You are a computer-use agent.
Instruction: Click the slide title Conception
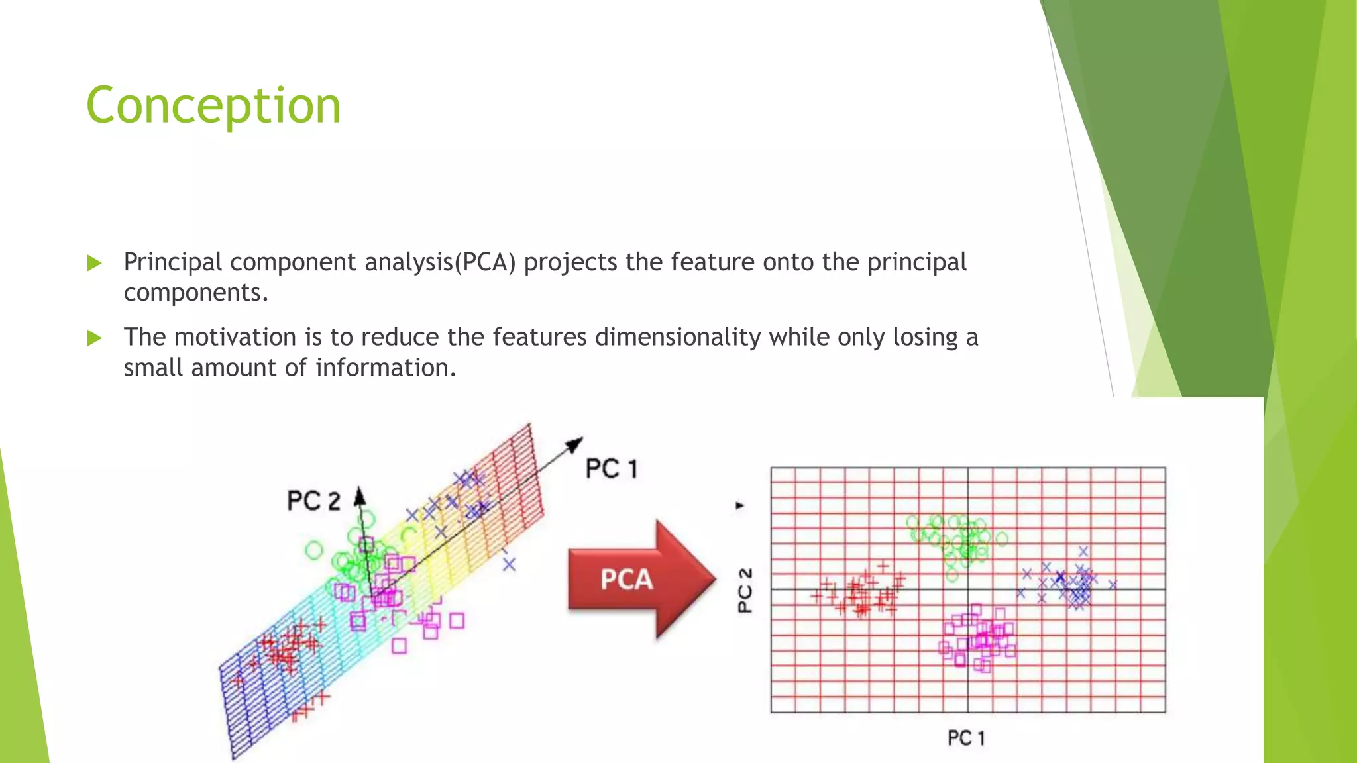[213, 106]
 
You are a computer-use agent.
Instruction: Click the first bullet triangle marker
[94, 264]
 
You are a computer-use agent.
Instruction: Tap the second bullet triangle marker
[94, 338]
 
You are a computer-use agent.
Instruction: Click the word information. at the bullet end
[386, 368]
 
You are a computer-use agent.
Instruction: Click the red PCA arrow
[639, 579]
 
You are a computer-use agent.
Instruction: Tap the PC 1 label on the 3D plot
[611, 469]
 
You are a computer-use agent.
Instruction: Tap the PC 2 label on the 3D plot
[313, 501]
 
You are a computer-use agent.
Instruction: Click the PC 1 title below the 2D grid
[965, 738]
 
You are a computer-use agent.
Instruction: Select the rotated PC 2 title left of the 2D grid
[745, 590]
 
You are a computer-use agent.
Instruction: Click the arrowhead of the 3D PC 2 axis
[359, 495]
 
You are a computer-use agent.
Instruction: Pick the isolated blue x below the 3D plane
[508, 564]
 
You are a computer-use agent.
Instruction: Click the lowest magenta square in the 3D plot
[399, 645]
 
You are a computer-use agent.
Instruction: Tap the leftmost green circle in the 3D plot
[314, 550]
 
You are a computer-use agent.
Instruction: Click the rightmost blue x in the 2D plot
[1113, 584]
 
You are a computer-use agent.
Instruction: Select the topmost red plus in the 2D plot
[883, 566]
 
